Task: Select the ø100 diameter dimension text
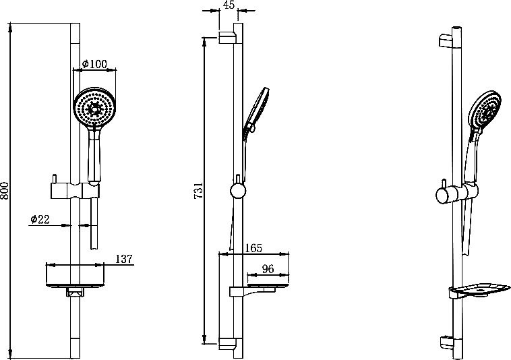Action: [94, 63]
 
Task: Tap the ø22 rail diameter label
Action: [40, 219]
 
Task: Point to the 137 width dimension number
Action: [124, 259]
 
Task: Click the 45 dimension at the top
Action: [228, 5]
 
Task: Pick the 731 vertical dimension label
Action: [198, 190]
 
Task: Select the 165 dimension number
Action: [253, 248]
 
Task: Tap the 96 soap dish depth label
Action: [268, 269]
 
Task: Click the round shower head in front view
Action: [94, 107]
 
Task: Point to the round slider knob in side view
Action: [238, 191]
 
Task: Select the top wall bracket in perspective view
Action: [446, 40]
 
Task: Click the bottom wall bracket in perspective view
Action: [446, 343]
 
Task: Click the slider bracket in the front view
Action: [75, 190]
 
